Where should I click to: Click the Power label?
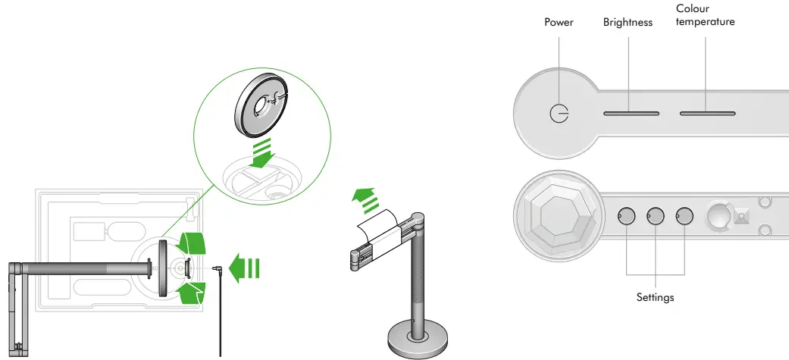(x=559, y=23)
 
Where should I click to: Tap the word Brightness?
(x=628, y=23)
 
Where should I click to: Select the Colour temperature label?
(x=705, y=15)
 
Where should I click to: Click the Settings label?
(x=656, y=298)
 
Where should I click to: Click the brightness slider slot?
(x=631, y=114)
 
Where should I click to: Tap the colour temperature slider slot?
(x=707, y=114)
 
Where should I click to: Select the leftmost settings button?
(x=627, y=217)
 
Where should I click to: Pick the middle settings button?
(x=656, y=217)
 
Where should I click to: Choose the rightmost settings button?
(x=684, y=217)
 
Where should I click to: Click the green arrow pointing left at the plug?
(x=246, y=268)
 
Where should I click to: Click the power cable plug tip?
(x=217, y=268)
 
